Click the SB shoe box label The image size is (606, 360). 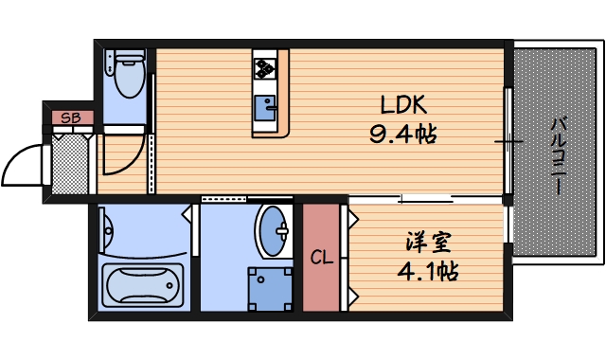tap(69, 118)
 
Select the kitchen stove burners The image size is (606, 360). tap(264, 67)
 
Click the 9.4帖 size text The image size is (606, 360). tap(403, 134)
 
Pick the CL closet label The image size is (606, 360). tap(320, 257)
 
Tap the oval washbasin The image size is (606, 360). tap(275, 230)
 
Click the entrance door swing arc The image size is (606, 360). tap(21, 165)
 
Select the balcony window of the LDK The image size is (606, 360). tap(508, 142)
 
